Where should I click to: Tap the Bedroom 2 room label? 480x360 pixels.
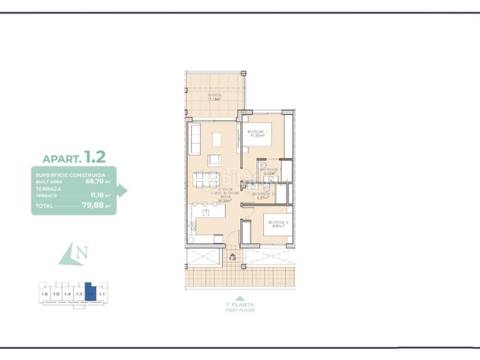[278, 224]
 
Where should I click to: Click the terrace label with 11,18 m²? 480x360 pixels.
[214, 97]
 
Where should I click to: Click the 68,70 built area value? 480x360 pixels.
[95, 181]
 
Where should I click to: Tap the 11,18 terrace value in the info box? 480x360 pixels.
[97, 195]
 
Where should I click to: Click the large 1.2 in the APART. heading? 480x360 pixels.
[95, 157]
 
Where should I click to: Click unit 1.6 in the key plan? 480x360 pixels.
[44, 294]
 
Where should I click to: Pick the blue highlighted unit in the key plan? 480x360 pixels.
[90, 292]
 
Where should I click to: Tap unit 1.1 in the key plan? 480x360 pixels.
[101, 294]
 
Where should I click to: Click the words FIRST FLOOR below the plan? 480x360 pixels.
[240, 310]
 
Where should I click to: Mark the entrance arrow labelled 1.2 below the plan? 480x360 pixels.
[233, 258]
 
